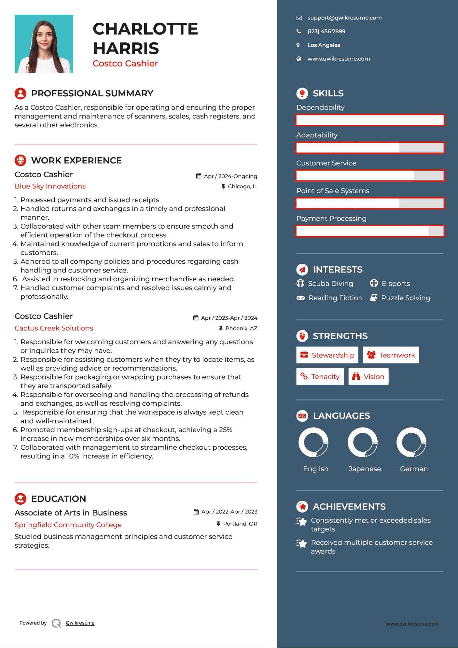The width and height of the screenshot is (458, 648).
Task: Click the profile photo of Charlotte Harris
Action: click(44, 44)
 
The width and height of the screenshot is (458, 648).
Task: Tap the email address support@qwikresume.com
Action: click(344, 18)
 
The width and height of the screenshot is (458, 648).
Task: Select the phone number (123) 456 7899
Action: click(326, 32)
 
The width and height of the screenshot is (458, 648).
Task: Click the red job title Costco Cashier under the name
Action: click(125, 63)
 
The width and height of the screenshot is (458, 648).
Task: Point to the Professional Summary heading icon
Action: click(21, 93)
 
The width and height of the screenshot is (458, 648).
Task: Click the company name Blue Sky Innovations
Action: click(50, 186)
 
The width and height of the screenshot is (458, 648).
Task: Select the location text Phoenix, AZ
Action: click(241, 328)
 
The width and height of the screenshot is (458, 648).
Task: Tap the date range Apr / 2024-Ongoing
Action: click(230, 176)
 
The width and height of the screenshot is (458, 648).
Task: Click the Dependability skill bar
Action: click(370, 120)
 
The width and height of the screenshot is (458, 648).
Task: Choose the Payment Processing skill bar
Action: click(370, 231)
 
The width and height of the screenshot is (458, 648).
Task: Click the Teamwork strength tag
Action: click(391, 355)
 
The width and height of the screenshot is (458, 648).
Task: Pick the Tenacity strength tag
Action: click(320, 376)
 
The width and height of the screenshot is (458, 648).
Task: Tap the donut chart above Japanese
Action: click(363, 442)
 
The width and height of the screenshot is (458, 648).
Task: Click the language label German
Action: click(414, 469)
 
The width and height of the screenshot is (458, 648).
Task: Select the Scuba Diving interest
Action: click(330, 284)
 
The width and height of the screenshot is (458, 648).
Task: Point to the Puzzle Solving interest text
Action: click(405, 298)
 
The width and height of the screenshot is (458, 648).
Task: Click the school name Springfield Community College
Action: click(68, 525)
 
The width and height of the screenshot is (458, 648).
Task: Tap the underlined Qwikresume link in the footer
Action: click(80, 623)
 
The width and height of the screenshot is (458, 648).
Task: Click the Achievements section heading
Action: click(349, 507)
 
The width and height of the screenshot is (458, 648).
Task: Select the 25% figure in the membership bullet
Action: click(226, 430)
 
